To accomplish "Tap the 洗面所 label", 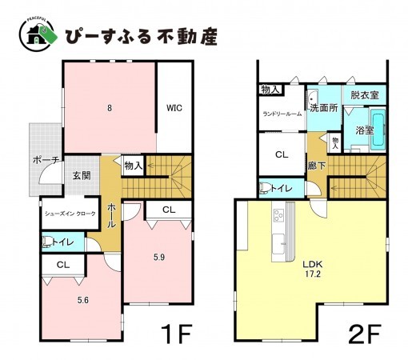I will tap(323, 106).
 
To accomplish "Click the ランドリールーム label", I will tap(282, 114).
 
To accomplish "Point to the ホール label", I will tap(111, 214).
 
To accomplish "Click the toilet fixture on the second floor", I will tap(263, 189).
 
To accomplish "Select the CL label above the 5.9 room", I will tap(167, 210).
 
